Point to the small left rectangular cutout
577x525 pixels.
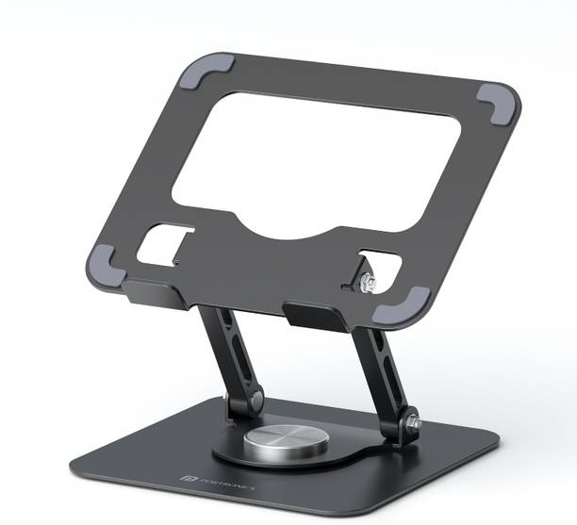[x=162, y=242]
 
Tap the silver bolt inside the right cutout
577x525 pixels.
[x=367, y=280]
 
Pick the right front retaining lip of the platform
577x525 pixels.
[x=316, y=315]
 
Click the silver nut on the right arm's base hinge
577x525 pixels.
[x=413, y=425]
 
